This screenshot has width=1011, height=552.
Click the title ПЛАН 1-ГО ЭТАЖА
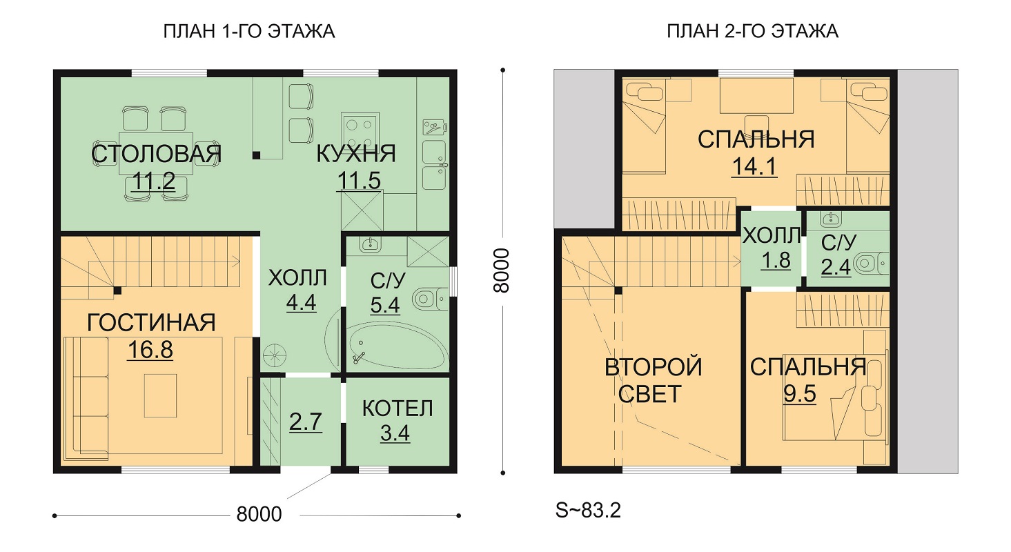[248, 32]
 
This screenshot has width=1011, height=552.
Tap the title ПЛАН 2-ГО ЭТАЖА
[752, 32]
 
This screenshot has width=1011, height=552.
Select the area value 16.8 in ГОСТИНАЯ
[150, 350]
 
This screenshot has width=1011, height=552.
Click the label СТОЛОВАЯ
[156, 154]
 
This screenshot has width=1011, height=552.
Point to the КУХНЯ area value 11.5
[360, 181]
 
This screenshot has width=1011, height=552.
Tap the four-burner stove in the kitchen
[360, 130]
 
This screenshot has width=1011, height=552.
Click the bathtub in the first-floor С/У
[398, 346]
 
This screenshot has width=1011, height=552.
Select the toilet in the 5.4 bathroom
[429, 298]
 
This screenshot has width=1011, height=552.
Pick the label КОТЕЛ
[397, 408]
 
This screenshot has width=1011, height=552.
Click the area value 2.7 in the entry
[305, 422]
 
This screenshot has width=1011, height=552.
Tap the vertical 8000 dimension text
[502, 270]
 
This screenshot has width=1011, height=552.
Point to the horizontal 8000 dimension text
[259, 514]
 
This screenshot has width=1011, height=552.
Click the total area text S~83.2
[588, 511]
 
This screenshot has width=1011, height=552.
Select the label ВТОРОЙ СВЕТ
[652, 380]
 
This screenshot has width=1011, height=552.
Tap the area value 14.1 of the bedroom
[754, 166]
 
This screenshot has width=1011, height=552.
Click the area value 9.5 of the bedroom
[799, 394]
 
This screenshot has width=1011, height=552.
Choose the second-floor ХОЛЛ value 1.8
[776, 260]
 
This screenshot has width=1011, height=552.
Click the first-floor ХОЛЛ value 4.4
[301, 302]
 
